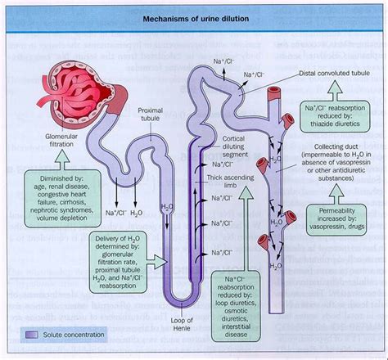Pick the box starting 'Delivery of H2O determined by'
pos(123,254)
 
